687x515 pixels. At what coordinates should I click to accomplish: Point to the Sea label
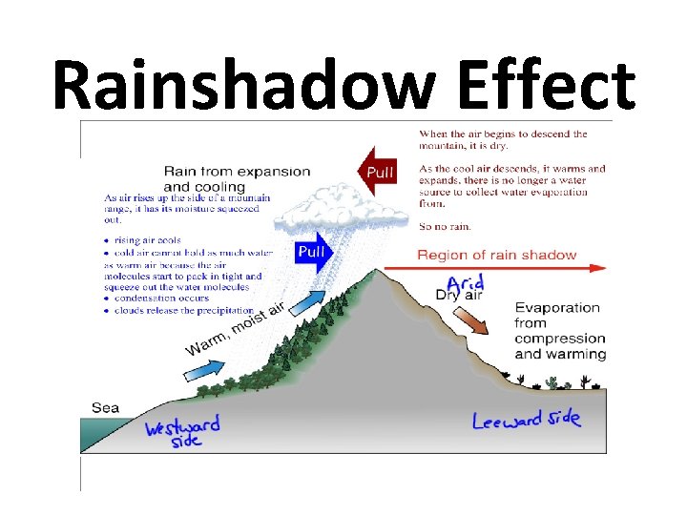pyautogui.click(x=105, y=407)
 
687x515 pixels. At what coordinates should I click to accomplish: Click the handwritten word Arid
pyautogui.click(x=466, y=283)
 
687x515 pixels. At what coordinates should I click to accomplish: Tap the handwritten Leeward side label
pyautogui.click(x=526, y=419)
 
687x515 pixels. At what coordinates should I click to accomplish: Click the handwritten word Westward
pyautogui.click(x=182, y=426)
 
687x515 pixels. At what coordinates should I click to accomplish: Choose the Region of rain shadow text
pyautogui.click(x=497, y=255)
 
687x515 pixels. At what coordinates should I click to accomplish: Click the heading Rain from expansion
pyautogui.click(x=237, y=172)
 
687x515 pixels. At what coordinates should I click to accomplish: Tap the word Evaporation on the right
pyautogui.click(x=557, y=308)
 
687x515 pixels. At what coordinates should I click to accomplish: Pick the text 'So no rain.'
pyautogui.click(x=445, y=227)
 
